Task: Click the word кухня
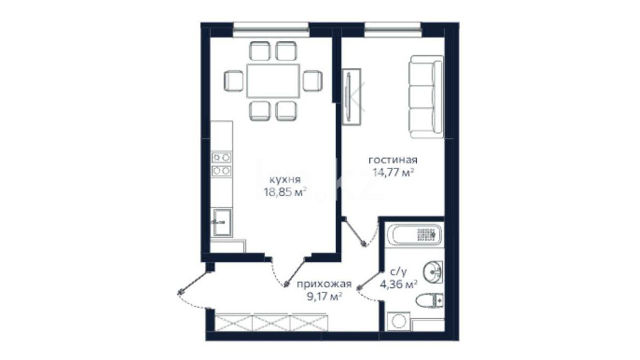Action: click(x=285, y=180)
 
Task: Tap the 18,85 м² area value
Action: click(x=286, y=192)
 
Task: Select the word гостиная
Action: click(x=393, y=160)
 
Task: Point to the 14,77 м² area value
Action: click(x=393, y=172)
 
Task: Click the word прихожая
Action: click(x=324, y=285)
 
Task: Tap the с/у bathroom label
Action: click(x=398, y=273)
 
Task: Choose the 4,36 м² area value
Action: click(x=398, y=284)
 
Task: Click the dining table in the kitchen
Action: click(x=274, y=81)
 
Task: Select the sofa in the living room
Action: click(x=426, y=97)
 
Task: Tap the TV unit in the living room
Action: click(x=352, y=97)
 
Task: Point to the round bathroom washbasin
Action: click(x=433, y=272)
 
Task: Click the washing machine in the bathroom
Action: click(x=399, y=321)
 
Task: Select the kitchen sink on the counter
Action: click(x=223, y=222)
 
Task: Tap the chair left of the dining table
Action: click(x=233, y=81)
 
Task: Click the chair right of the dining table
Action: click(x=313, y=81)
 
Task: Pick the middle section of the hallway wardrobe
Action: click(x=271, y=322)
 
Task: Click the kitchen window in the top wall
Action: click(x=271, y=30)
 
